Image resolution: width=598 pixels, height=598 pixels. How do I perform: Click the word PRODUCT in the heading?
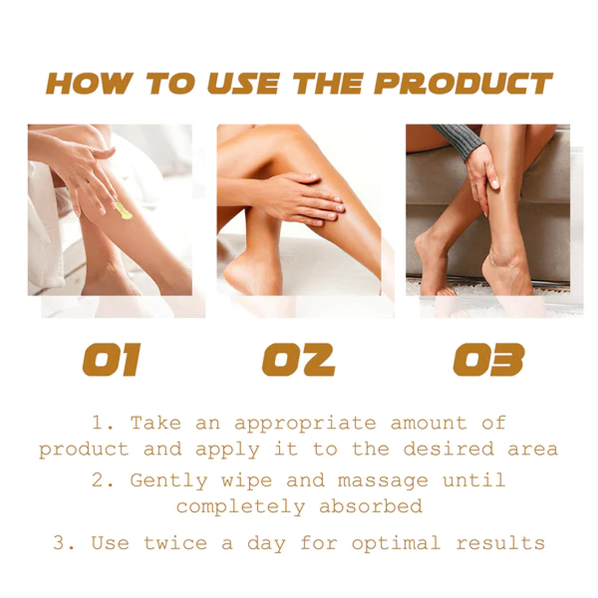(x=463, y=83)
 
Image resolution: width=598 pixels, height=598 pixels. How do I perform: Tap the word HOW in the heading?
(x=89, y=83)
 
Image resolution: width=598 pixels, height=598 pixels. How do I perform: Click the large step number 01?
(x=111, y=360)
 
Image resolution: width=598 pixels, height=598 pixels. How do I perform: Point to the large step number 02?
(x=299, y=360)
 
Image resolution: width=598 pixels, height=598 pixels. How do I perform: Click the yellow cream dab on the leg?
(x=123, y=210)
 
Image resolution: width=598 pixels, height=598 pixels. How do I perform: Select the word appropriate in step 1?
(x=305, y=423)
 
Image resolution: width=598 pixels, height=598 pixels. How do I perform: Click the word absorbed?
(x=370, y=506)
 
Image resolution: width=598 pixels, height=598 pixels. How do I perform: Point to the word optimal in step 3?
(x=396, y=543)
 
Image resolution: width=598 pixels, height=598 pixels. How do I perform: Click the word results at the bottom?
(x=500, y=543)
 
